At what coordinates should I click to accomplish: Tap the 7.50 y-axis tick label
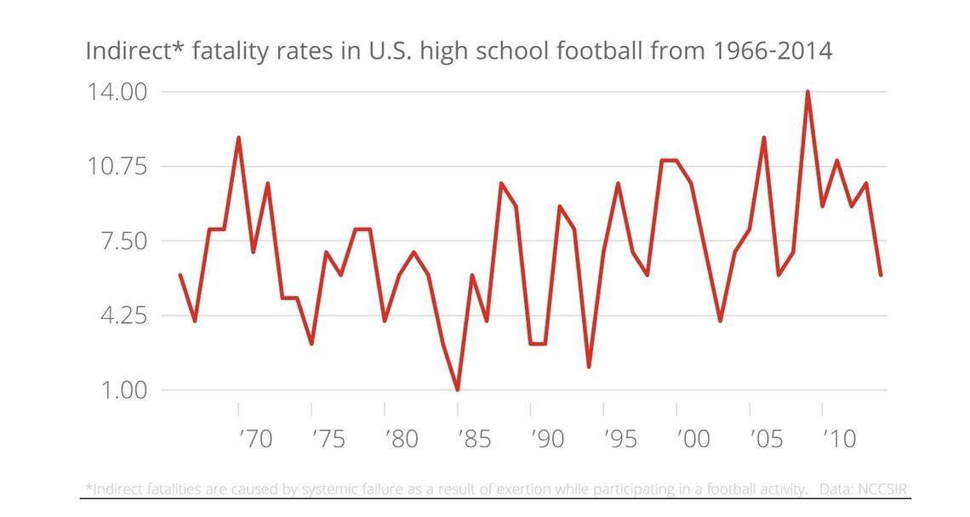coord(123,241)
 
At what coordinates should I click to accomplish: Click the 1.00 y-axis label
coord(123,390)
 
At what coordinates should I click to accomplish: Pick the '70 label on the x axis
coord(254,439)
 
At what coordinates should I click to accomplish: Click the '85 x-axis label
coord(474,439)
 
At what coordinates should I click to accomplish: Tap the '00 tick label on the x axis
coord(693,439)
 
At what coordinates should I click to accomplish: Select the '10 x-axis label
coord(838,439)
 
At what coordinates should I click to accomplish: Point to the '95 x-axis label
coord(620,439)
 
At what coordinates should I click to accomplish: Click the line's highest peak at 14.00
coord(807,92)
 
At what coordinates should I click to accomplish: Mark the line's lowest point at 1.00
coord(458,390)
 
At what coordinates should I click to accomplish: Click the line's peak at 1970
coord(238,138)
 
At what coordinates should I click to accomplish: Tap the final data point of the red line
coord(881,275)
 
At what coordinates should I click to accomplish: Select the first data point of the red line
coord(180,275)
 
